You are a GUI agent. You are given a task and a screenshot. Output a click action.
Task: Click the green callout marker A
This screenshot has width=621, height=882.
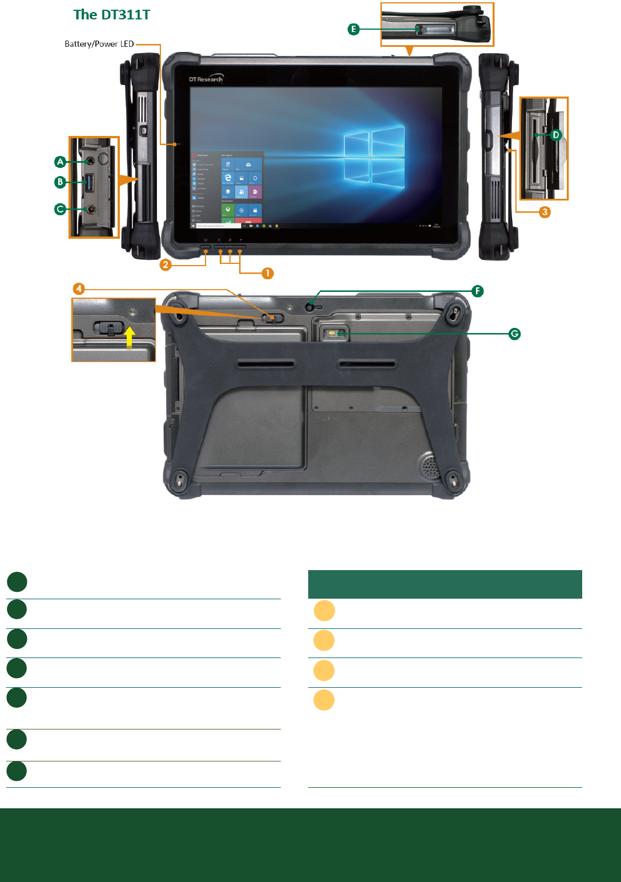pyautogui.click(x=60, y=162)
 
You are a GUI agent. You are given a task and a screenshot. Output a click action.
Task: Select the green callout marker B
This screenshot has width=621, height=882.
pyautogui.click(x=60, y=182)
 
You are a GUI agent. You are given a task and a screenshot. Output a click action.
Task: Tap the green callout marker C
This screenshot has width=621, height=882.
pyautogui.click(x=60, y=209)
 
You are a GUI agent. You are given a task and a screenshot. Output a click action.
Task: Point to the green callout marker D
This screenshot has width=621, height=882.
pyautogui.click(x=556, y=135)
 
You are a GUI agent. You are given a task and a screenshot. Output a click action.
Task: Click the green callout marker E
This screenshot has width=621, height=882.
pyautogui.click(x=354, y=29)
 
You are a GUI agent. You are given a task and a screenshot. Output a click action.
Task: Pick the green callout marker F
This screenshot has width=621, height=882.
pyautogui.click(x=478, y=291)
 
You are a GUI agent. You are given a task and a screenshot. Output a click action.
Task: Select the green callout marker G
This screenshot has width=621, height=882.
pyautogui.click(x=515, y=334)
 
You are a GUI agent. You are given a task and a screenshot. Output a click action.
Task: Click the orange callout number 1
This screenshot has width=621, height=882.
pyautogui.click(x=267, y=273)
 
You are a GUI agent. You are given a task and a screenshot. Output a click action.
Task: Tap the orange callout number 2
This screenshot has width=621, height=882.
pyautogui.click(x=166, y=264)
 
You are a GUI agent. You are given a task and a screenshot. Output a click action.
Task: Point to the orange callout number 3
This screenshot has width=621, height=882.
pyautogui.click(x=545, y=212)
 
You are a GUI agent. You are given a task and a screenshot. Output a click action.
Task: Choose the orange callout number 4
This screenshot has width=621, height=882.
pyautogui.click(x=79, y=288)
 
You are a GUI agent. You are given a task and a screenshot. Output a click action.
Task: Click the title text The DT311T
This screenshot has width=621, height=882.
pyautogui.click(x=112, y=15)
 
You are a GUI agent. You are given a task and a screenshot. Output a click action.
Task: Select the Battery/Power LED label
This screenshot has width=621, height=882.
pyautogui.click(x=99, y=44)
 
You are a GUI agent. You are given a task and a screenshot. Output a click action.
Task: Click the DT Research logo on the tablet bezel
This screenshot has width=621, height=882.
pyautogui.click(x=206, y=79)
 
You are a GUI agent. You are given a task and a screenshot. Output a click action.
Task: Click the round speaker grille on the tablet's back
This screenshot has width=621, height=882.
pyautogui.click(x=431, y=466)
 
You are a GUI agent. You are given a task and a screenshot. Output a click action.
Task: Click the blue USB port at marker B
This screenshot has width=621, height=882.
pyautogui.click(x=90, y=183)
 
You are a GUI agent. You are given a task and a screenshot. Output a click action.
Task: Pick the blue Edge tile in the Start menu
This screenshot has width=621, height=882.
pyautogui.click(x=228, y=178)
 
